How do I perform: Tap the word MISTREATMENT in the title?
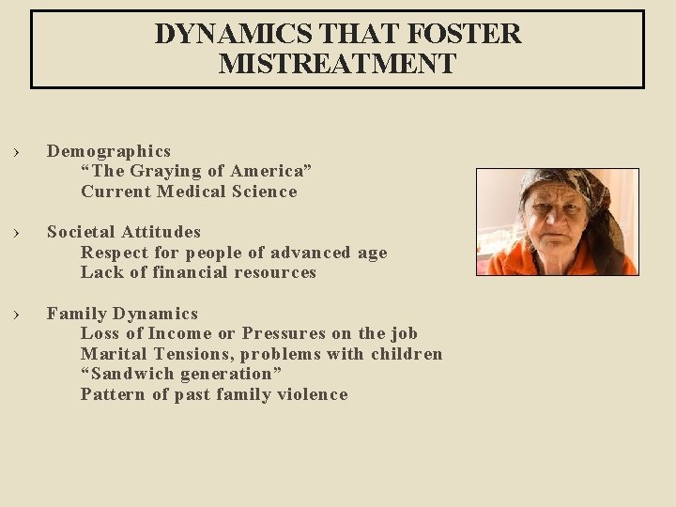pyautogui.click(x=337, y=64)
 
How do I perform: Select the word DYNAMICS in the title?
pyautogui.click(x=234, y=34)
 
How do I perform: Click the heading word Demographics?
pyautogui.click(x=109, y=151)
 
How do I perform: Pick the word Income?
pyautogui.click(x=180, y=333)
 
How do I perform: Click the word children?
pyautogui.click(x=407, y=354)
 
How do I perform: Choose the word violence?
pyautogui.click(x=312, y=394)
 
